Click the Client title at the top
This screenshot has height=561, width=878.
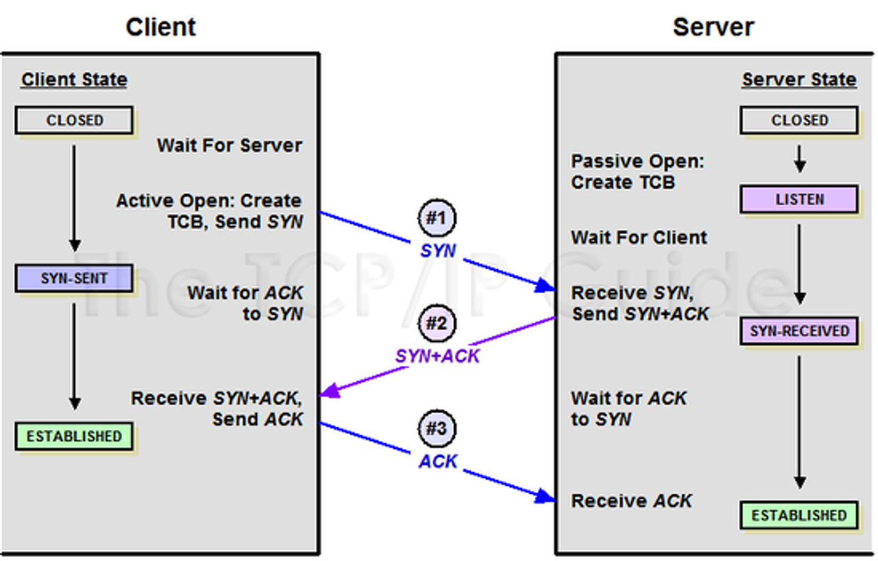[x=160, y=27]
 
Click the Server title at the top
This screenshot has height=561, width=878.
[x=713, y=27]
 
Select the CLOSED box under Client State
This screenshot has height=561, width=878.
[x=74, y=120]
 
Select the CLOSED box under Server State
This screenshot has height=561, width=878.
[x=799, y=120]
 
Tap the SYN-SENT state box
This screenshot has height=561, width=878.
[x=74, y=278]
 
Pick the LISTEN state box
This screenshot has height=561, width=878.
[x=799, y=200]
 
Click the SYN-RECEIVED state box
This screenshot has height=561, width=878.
[x=799, y=331]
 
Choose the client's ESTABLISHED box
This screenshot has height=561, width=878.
[x=74, y=436]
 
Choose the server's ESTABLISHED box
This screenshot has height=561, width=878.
[x=799, y=516]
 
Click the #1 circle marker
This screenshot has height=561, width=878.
[x=437, y=218]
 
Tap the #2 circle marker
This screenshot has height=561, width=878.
[x=437, y=323]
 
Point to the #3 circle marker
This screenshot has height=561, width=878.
[x=437, y=428]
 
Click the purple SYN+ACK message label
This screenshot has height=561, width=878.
[x=437, y=356]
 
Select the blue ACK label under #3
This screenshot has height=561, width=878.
[x=437, y=461]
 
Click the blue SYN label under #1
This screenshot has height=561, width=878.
[x=437, y=250]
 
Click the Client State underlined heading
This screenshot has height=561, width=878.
[x=74, y=79]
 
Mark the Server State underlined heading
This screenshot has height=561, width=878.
[x=799, y=79]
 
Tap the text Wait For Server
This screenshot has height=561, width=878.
[x=229, y=145]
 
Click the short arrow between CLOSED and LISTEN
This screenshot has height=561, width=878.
[x=799, y=159]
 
